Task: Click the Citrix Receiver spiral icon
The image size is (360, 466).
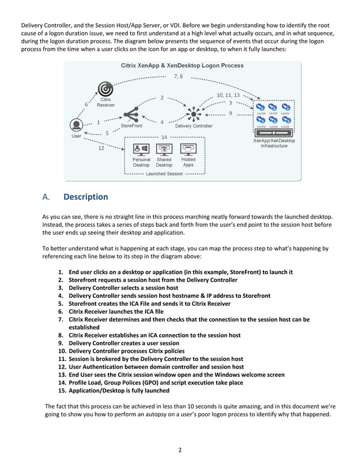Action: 105,89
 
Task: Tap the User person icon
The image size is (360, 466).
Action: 75,125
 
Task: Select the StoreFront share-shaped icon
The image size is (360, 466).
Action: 131,115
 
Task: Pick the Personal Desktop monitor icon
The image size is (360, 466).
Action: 141,149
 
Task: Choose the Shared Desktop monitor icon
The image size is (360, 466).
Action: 164,149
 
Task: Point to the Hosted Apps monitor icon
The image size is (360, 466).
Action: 188,149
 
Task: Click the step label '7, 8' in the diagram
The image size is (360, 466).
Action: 178,76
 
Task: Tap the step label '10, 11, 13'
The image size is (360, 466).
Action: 228,95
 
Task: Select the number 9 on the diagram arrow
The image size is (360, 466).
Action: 230,113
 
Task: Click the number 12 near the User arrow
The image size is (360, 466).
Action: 101,149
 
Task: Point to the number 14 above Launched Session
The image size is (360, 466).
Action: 164,137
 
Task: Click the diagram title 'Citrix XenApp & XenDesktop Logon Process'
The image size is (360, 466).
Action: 182,65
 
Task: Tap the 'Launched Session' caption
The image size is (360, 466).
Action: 164,174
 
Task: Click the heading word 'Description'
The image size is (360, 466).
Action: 85,197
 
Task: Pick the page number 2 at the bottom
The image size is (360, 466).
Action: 179,450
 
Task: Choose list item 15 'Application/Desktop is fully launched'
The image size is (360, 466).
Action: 118,390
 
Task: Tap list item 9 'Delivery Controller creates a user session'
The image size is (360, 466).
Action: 124,343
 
